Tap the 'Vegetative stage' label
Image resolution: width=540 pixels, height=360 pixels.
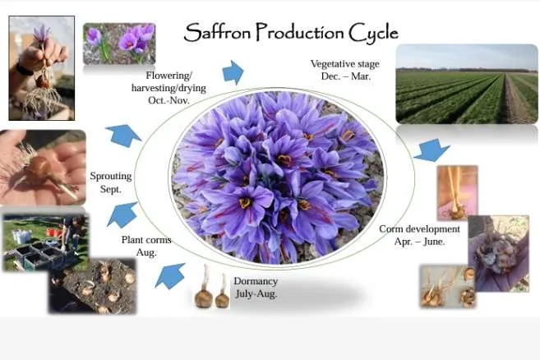coord(344,64)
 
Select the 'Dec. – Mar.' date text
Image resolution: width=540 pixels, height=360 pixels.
coord(346,76)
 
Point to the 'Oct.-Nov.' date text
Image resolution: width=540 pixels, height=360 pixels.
coord(168,100)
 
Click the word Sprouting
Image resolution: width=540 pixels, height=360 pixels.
coord(111,177)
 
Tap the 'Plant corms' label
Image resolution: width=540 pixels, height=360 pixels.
coord(146,240)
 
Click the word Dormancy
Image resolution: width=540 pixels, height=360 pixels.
coord(256,281)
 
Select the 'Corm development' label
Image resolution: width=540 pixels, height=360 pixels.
coord(419,229)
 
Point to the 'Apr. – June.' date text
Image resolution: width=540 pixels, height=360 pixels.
coord(419,242)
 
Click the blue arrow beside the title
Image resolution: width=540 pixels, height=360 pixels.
coord(233,72)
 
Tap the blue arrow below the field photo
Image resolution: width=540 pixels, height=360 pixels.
coord(432,150)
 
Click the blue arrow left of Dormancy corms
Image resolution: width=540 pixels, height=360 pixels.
coord(170,275)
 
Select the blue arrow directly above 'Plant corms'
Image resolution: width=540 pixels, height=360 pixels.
coord(122,215)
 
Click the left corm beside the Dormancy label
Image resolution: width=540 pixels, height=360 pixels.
coord(203,297)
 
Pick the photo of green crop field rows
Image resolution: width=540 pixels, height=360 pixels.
coord(467,84)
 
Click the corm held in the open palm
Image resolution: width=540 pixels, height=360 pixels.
coord(40,167)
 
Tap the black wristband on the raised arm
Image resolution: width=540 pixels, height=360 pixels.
coord(23,70)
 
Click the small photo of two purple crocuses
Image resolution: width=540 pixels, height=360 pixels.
coord(119,44)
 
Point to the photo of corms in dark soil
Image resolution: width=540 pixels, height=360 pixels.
coord(93,286)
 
